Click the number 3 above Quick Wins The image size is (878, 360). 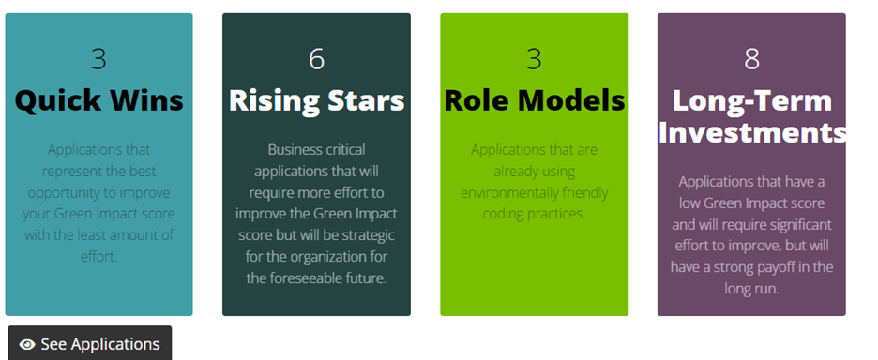(98, 59)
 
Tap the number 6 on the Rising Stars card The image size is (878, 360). (316, 59)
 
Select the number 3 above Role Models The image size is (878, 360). (534, 59)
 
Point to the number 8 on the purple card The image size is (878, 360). (751, 59)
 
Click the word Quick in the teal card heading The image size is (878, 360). (59, 100)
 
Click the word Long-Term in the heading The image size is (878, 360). (751, 100)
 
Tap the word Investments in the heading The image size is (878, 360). (751, 131)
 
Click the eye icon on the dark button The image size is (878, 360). (27, 345)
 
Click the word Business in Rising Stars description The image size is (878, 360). (295, 149)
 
